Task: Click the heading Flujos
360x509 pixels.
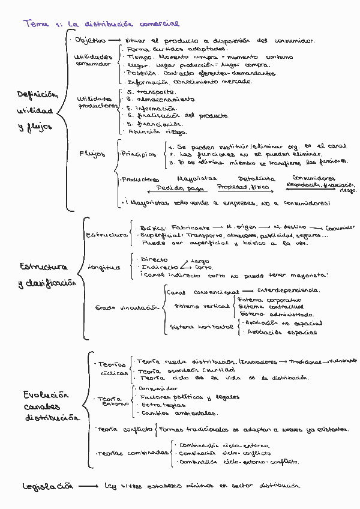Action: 92,154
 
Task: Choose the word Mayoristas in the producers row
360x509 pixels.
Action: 198,179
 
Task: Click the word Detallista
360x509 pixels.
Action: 257,179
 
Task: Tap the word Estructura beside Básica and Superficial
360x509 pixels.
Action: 107,235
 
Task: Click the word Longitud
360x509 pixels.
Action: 104,267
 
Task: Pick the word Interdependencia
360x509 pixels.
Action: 288,291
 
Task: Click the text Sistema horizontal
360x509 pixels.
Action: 201,327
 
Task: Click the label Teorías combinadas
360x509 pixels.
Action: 133,453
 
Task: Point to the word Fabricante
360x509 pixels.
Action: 190,228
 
